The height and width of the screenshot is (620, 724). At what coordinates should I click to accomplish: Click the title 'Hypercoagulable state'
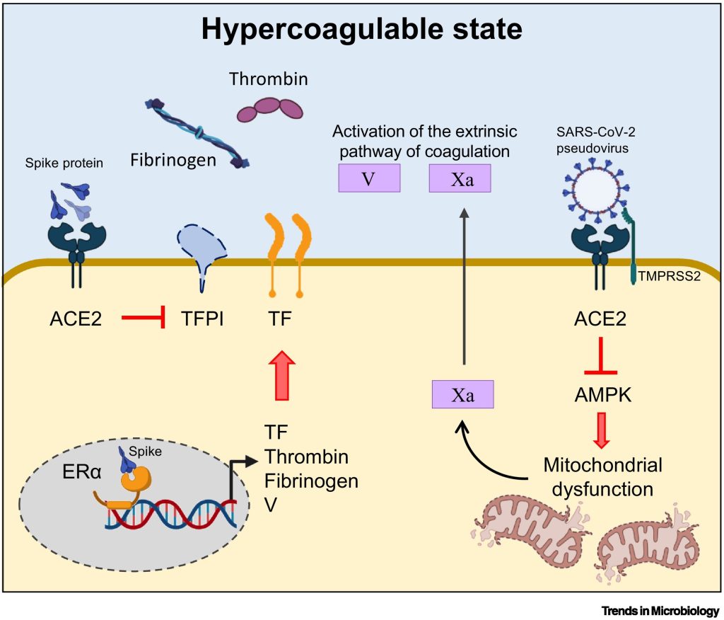[361, 30]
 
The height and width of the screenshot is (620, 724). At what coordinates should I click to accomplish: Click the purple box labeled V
[368, 178]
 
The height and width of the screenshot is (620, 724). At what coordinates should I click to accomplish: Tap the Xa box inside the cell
[462, 394]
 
